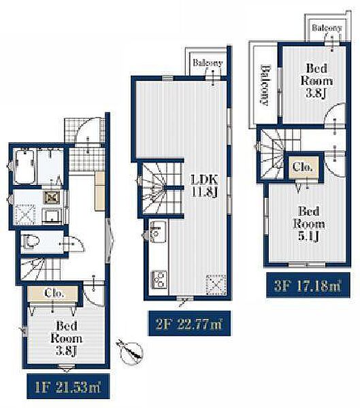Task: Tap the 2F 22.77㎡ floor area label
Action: tap(189, 324)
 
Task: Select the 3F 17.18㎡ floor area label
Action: tap(308, 285)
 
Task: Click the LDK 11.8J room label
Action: tap(205, 186)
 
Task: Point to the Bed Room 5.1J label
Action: tap(309, 224)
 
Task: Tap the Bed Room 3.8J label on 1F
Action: tap(67, 338)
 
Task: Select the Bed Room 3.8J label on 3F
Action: tap(316, 81)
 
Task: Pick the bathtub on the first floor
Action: tap(25, 166)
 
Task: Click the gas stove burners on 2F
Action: tap(159, 279)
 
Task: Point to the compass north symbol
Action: tap(131, 351)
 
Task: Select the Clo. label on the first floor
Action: tap(54, 293)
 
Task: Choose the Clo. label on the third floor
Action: tap(302, 167)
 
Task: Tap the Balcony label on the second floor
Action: tap(208, 63)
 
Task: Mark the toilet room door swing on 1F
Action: tap(75, 244)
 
